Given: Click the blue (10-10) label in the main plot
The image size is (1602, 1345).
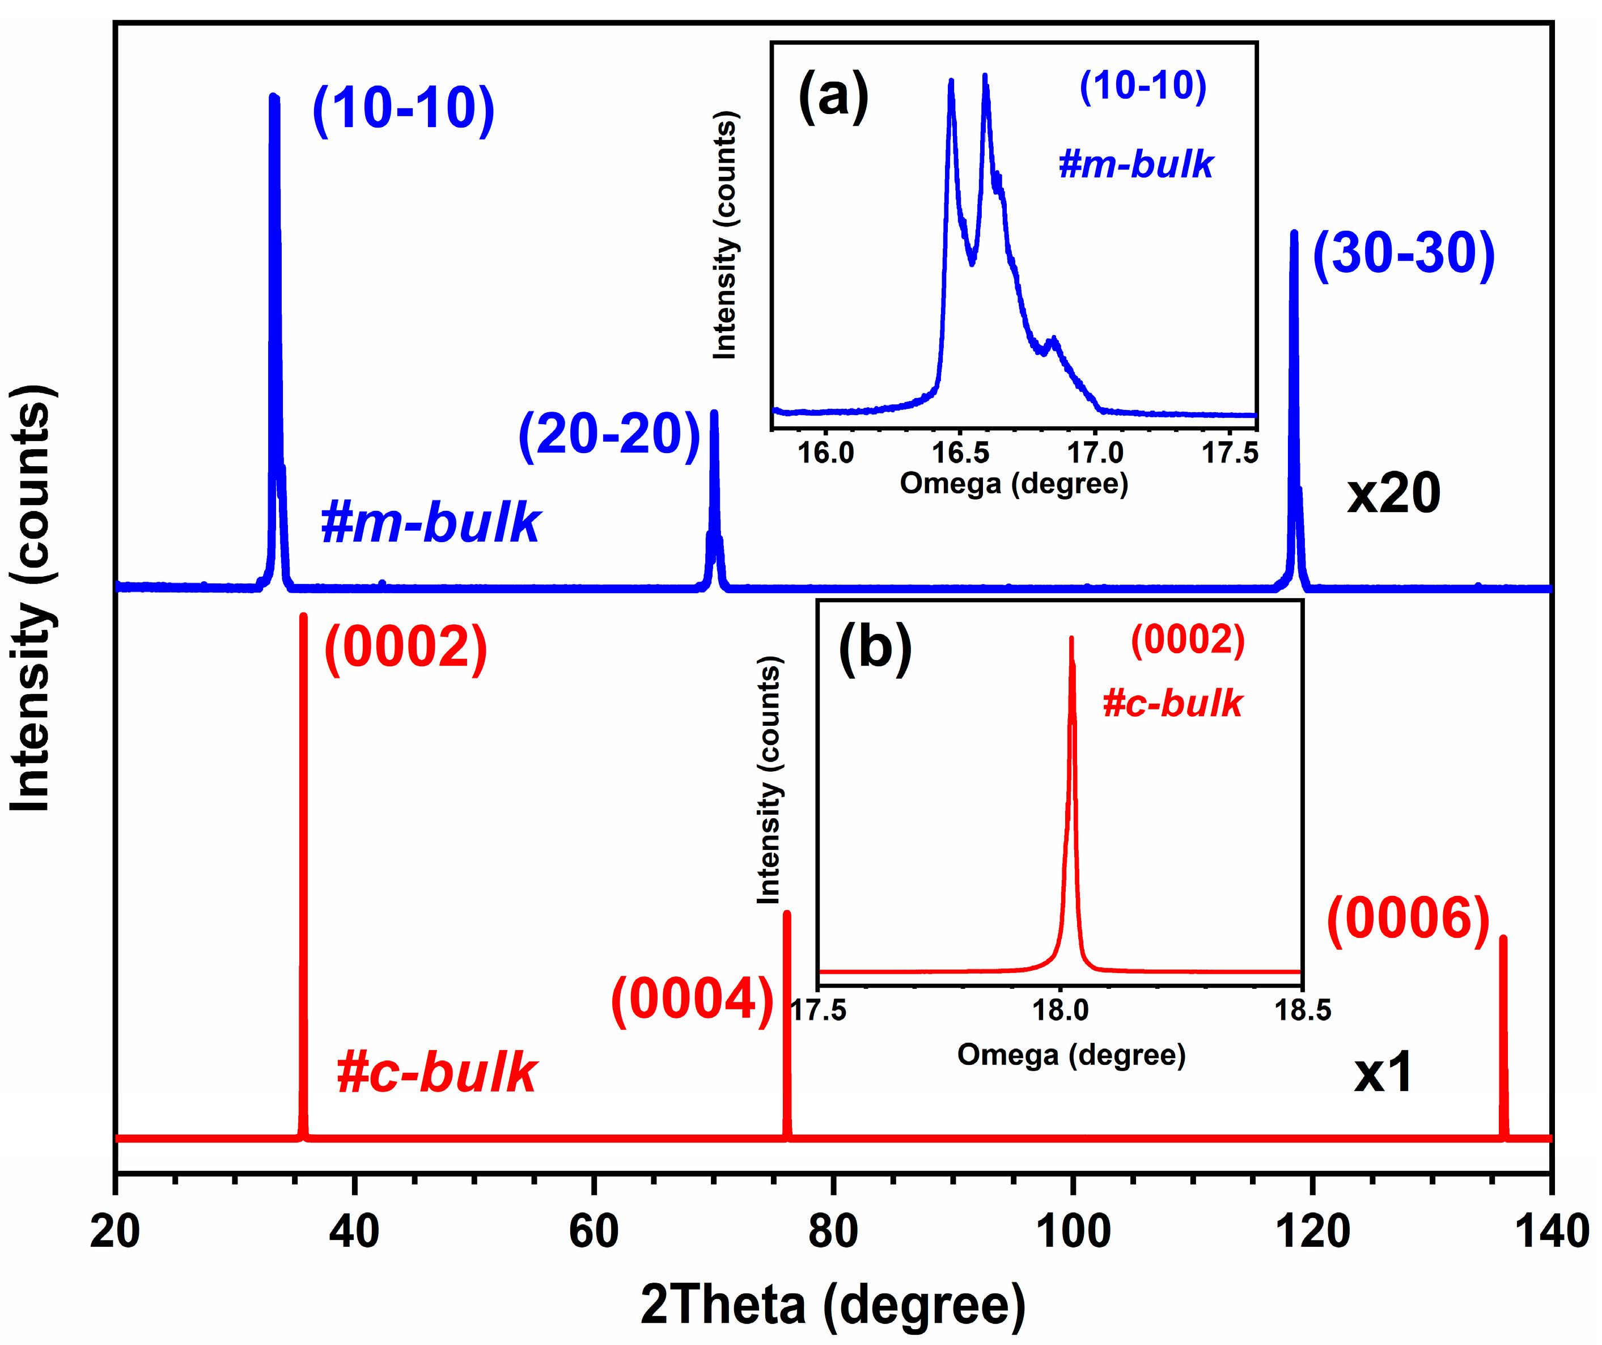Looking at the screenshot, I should tap(404, 108).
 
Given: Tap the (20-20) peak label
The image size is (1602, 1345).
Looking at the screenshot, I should tap(609, 434).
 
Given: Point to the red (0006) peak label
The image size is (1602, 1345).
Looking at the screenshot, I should tap(1408, 919).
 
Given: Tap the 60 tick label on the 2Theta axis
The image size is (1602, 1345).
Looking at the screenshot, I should tap(594, 1232).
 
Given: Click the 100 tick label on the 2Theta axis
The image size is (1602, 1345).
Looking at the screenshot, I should tap(1073, 1232).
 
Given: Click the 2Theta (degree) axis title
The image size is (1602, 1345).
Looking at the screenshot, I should tap(833, 1305).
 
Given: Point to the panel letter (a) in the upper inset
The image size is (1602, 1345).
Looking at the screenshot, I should tap(833, 96).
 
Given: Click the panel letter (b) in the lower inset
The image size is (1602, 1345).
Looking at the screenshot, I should tap(875, 648).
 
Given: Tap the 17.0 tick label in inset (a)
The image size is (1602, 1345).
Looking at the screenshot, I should tap(1095, 453).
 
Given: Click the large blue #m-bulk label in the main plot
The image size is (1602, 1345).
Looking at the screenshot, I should tap(430, 523).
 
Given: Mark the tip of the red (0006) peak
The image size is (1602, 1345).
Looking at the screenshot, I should tap(1503, 938).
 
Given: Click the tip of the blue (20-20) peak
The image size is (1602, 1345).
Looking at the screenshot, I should tap(714, 413).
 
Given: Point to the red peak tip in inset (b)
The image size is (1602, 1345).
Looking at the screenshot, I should tap(1071, 639).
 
